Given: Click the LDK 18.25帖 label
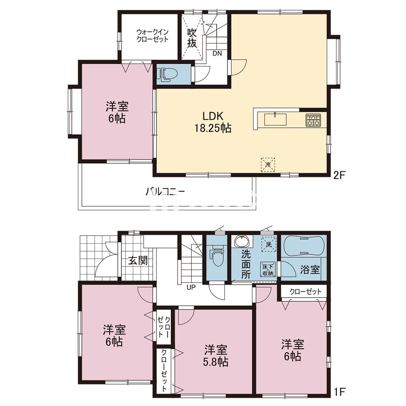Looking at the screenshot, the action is click(213, 122).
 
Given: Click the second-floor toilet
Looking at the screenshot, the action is click(168, 75).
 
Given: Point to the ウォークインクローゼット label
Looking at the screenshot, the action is click(153, 36).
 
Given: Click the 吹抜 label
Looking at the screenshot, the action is click(192, 38).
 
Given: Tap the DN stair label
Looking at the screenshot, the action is click(217, 54).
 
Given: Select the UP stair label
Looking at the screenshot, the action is click(191, 287).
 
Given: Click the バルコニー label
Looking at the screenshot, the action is click(165, 192).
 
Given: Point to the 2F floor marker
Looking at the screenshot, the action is click(339, 176).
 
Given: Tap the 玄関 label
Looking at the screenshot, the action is click(138, 261).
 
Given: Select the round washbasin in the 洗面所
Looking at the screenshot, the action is click(242, 241).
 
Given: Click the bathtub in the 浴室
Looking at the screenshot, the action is click(303, 246).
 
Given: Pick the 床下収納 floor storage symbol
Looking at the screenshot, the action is click(268, 269).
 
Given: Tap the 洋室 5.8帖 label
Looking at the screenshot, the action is click(216, 356).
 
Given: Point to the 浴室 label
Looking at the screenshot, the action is click(310, 270).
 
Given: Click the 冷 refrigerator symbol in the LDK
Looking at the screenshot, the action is click(268, 164).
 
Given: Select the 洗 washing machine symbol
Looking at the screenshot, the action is click(269, 244).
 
